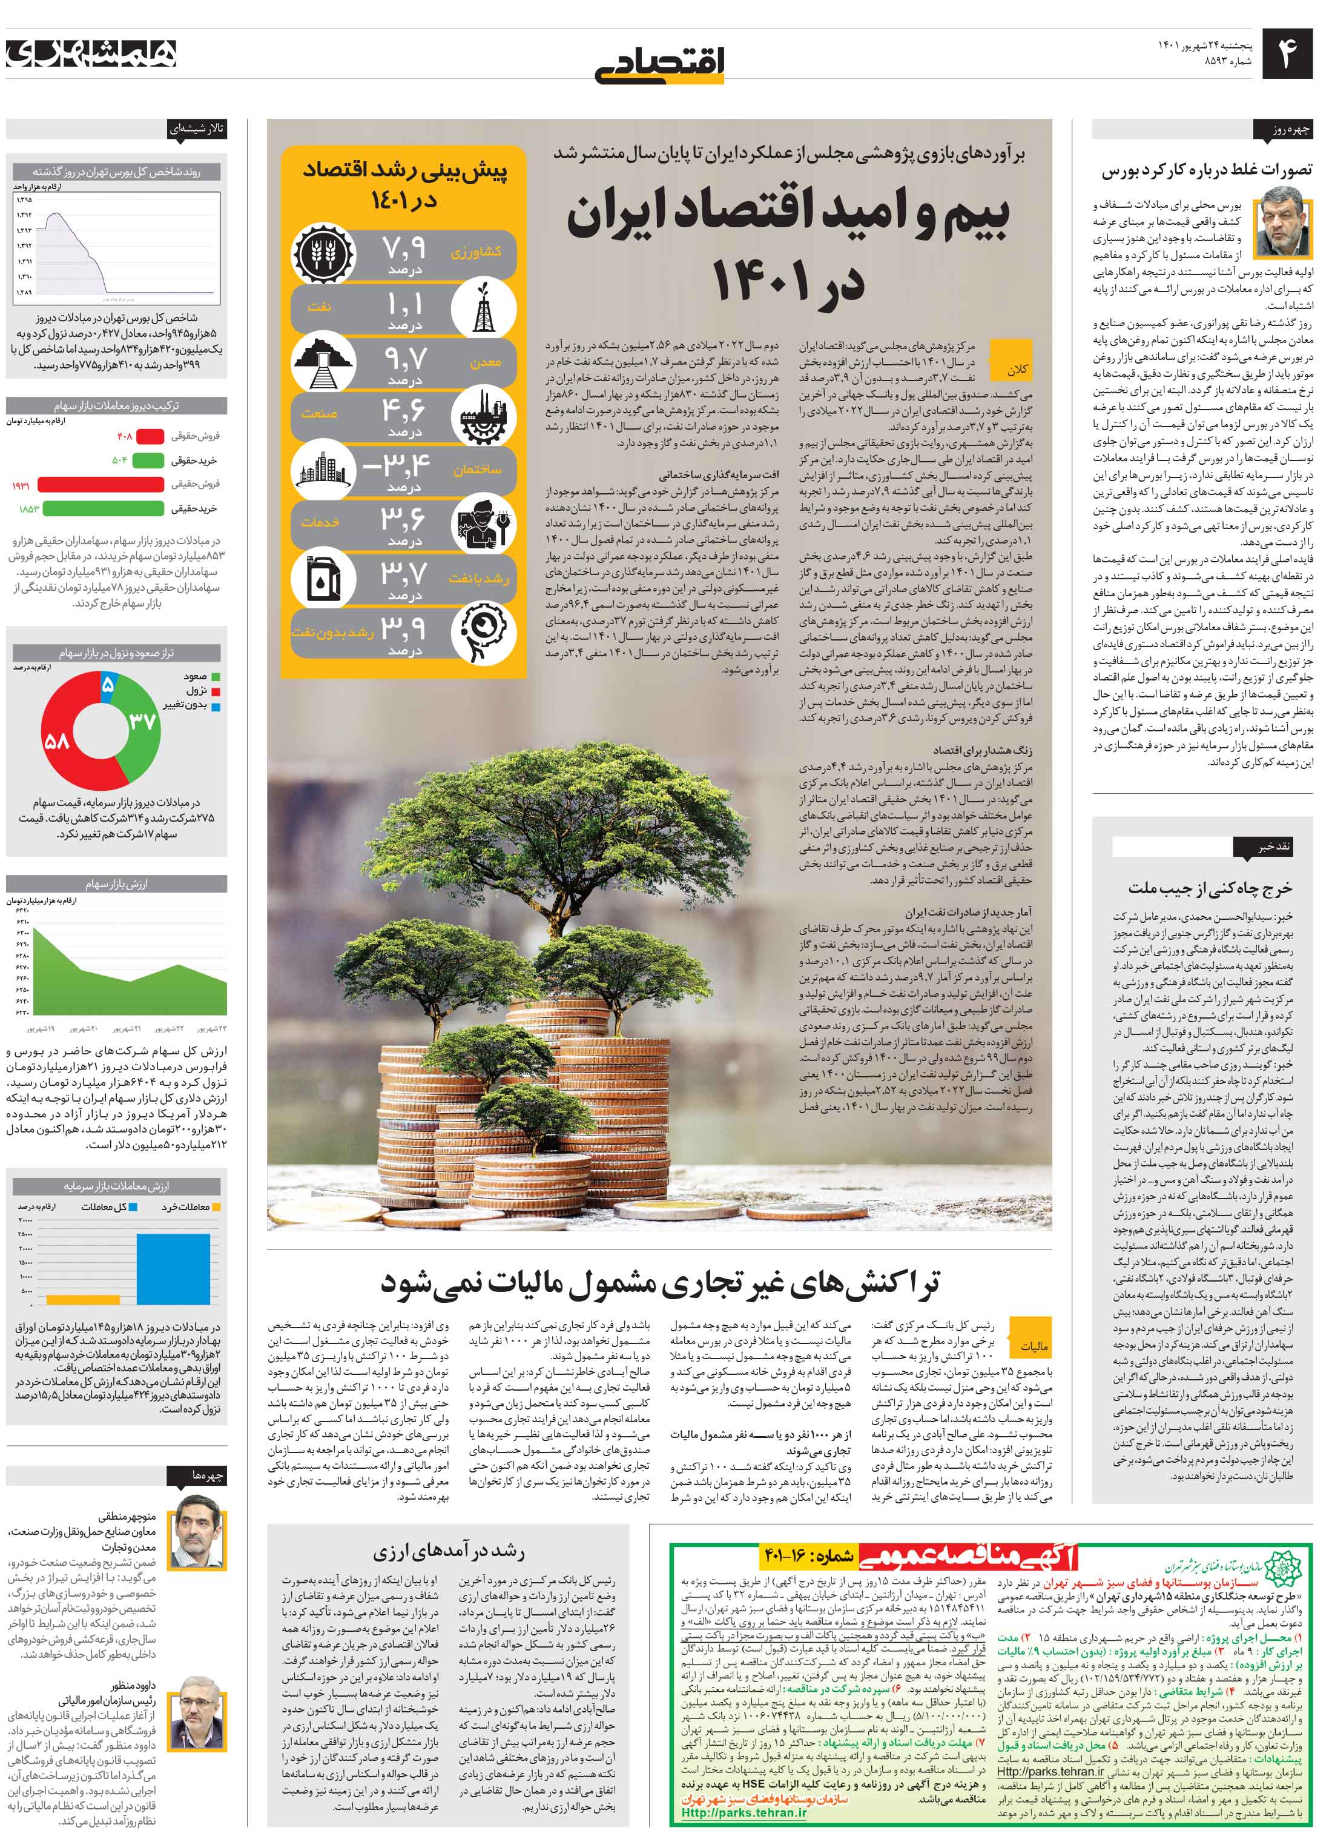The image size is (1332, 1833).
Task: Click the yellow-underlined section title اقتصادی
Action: coord(661,63)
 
